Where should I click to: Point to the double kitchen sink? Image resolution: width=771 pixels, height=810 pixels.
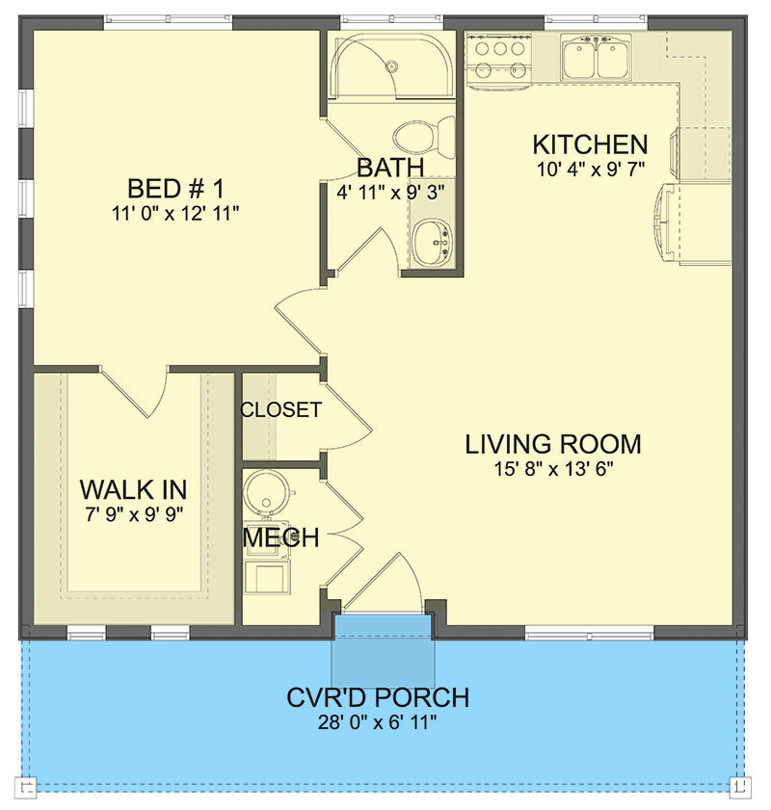(597, 58)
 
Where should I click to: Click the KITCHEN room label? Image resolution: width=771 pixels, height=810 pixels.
(590, 145)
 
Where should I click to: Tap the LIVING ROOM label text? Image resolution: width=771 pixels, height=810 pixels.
(553, 444)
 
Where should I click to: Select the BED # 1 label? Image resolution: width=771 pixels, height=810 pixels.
(175, 187)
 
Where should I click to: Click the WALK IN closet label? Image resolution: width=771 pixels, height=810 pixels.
(133, 487)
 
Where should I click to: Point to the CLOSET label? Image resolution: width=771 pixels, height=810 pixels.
(280, 409)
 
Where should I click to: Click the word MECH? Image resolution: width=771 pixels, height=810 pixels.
(280, 537)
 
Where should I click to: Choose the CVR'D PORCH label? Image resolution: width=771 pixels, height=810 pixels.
(378, 697)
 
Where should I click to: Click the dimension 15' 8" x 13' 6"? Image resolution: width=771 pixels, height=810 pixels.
(553, 469)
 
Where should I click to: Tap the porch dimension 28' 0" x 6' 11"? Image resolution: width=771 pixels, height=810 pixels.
(378, 721)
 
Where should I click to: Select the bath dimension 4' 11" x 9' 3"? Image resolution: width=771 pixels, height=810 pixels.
(390, 192)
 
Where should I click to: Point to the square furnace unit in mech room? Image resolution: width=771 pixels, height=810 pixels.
(264, 578)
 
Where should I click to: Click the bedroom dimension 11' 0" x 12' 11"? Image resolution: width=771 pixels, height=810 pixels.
(175, 212)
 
